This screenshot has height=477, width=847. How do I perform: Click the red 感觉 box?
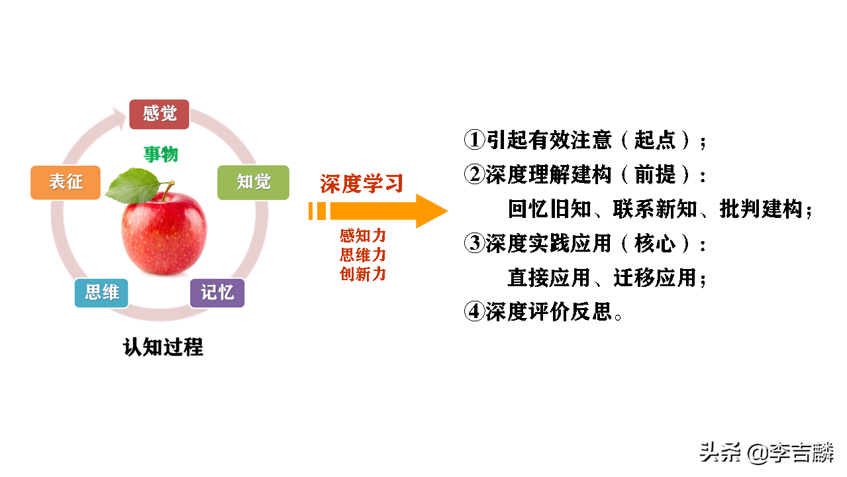pyautogui.click(x=159, y=114)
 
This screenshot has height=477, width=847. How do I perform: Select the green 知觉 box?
pyautogui.click(x=254, y=182)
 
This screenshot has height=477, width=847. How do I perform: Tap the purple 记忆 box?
pyautogui.click(x=217, y=293)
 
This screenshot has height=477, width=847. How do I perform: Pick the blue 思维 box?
pyautogui.click(x=101, y=293)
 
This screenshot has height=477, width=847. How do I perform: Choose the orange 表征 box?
pyautogui.click(x=66, y=182)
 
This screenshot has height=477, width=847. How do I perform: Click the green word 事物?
pyautogui.click(x=162, y=154)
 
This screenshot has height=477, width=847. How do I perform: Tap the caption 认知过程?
pyautogui.click(x=163, y=346)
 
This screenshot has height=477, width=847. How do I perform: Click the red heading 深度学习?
pyautogui.click(x=362, y=184)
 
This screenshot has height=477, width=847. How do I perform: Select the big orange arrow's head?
pyautogui.click(x=430, y=211)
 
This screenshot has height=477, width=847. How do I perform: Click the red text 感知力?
pyautogui.click(x=363, y=236)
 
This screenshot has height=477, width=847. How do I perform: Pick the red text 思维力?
pyautogui.click(x=363, y=255)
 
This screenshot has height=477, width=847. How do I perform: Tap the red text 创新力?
pyautogui.click(x=363, y=274)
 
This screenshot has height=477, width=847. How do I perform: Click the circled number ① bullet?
pyautogui.click(x=474, y=140)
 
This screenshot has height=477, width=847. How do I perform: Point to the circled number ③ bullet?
pyautogui.click(x=474, y=244)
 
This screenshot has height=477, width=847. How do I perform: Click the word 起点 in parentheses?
pyautogui.click(x=654, y=140)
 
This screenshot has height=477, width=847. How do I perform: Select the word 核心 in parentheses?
pyautogui.click(x=654, y=244)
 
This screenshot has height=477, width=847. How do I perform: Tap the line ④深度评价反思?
pyautogui.click(x=543, y=311)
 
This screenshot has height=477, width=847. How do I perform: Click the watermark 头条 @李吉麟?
pyautogui.click(x=767, y=454)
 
